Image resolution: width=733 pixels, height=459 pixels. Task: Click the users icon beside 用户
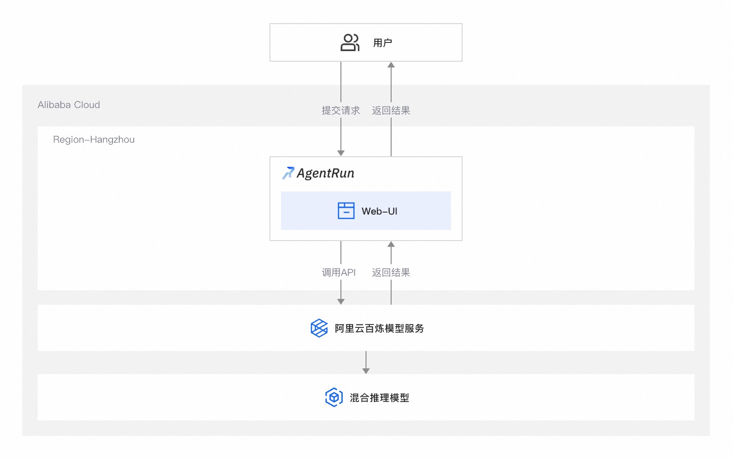350,42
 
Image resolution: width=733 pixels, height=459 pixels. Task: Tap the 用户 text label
382,43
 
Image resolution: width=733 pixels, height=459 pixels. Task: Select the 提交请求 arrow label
340,110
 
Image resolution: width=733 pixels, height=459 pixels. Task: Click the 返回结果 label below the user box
391,110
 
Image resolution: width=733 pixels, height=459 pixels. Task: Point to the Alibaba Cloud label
69,105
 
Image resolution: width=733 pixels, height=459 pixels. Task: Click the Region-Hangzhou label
94,139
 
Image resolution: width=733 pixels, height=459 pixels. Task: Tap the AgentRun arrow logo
288,173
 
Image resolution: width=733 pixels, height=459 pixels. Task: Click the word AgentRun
325,173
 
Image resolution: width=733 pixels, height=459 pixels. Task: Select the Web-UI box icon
346,211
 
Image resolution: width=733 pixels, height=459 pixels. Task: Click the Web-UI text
380,211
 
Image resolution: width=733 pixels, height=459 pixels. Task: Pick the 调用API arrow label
338,272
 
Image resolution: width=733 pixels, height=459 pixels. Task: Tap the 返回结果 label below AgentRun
391,272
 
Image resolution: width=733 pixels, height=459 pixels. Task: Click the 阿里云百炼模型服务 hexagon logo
319,328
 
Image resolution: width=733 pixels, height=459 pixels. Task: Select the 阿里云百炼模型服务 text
380,328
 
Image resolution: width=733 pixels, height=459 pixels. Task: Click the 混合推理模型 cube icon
334,397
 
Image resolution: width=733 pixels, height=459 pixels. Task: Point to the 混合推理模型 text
380,398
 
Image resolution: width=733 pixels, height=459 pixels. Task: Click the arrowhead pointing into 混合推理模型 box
366,371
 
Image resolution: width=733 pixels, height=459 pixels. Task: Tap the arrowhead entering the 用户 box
391,65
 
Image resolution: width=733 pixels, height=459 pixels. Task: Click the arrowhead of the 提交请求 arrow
340,153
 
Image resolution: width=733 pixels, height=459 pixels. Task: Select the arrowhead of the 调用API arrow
340,301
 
